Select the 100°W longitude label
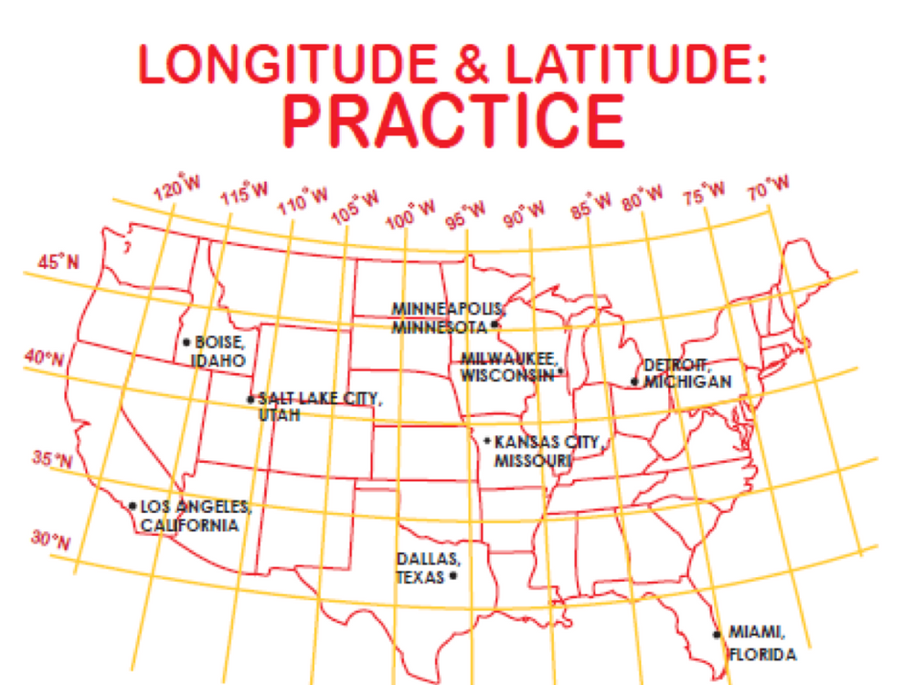point(412,213)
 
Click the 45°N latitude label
point(58,262)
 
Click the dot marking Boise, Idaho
point(186,342)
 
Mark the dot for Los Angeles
point(133,506)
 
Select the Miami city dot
point(717,633)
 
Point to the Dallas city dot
point(453,577)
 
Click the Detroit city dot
point(635,381)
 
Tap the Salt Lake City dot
point(250,399)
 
